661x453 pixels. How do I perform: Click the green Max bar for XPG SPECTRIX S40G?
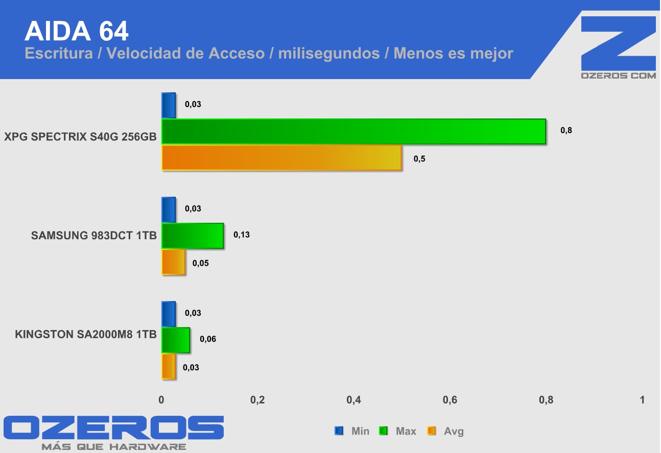(x=353, y=132)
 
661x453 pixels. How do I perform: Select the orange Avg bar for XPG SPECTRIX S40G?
(x=281, y=158)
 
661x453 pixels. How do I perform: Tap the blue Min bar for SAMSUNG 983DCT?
(x=169, y=210)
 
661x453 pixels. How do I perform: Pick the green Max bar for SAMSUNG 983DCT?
(x=193, y=236)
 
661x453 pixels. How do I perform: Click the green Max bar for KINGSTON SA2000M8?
(x=176, y=340)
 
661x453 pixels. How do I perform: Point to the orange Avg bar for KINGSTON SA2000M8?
(x=169, y=366)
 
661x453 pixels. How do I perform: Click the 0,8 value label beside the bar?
(x=566, y=131)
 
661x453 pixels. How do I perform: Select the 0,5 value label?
(x=419, y=159)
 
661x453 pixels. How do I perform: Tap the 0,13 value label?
(x=242, y=235)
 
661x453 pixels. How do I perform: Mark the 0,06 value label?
(x=208, y=339)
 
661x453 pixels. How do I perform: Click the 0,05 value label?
(x=201, y=264)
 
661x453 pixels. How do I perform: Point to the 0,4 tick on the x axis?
(x=353, y=400)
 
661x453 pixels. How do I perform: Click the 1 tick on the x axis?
(x=642, y=400)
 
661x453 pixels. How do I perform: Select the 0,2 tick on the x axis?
(x=257, y=400)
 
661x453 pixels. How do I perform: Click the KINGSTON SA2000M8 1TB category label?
(x=86, y=335)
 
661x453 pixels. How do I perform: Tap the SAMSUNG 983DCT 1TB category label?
(x=94, y=236)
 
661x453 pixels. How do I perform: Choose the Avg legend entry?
(x=447, y=432)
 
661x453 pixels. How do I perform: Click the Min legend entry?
(x=353, y=432)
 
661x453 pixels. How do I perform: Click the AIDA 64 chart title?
(x=77, y=32)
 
